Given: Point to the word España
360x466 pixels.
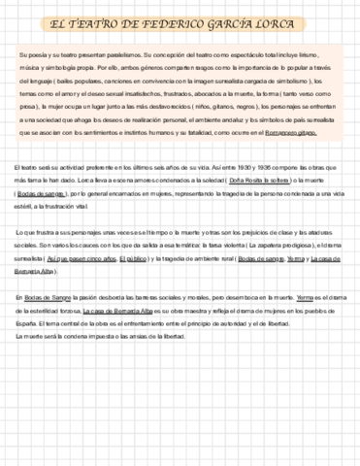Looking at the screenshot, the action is (26, 319).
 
